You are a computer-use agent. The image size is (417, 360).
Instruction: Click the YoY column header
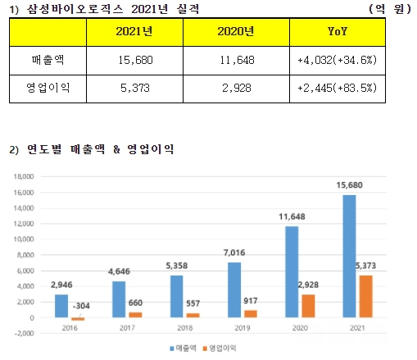click(338, 32)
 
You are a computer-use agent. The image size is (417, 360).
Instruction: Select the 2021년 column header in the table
click(134, 32)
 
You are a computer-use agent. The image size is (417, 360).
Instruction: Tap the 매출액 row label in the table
click(48, 60)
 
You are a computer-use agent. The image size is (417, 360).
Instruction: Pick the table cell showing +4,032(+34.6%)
click(338, 60)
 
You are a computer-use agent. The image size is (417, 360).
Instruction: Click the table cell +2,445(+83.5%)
click(338, 88)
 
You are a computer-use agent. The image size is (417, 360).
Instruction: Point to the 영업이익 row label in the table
click(48, 88)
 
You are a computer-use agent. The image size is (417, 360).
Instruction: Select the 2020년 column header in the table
click(236, 32)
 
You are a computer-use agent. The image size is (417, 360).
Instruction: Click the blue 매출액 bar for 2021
click(349, 256)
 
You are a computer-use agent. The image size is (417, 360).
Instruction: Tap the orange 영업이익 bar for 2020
click(308, 306)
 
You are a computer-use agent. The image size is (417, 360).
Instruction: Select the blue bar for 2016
click(61, 306)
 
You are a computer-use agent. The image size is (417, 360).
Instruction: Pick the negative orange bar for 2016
click(78, 319)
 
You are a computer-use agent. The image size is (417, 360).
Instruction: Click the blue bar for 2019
click(234, 290)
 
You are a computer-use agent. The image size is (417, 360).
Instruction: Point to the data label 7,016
click(234, 253)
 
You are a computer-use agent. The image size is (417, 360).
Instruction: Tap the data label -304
click(81, 306)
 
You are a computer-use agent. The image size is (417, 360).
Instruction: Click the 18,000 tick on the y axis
click(24, 176)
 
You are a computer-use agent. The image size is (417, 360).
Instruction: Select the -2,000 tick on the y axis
click(24, 334)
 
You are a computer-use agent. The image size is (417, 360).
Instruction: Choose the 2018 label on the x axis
click(185, 328)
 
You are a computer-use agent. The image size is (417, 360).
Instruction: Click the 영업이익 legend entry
click(220, 349)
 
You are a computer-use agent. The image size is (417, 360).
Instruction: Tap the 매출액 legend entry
click(183, 349)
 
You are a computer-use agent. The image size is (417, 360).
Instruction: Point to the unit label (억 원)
click(390, 9)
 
